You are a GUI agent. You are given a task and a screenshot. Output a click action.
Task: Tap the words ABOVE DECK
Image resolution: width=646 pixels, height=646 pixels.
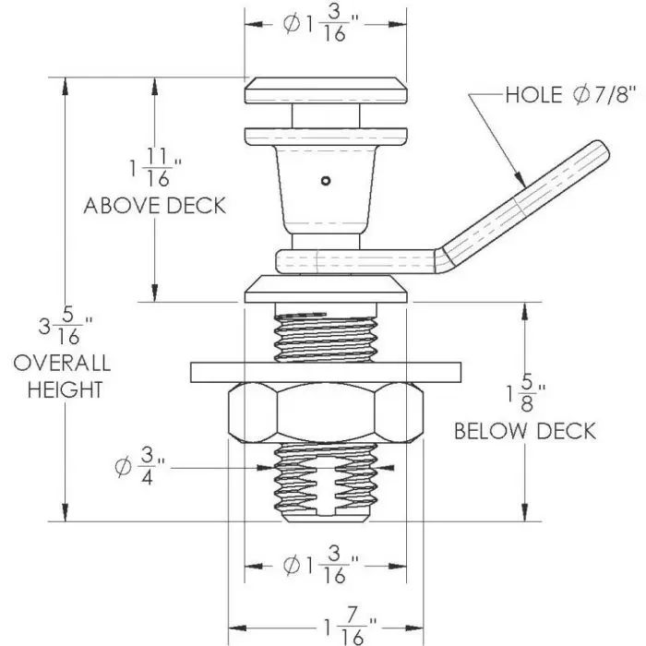pos(154,205)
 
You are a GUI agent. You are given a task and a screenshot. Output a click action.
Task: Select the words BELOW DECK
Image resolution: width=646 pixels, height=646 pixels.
pos(524,431)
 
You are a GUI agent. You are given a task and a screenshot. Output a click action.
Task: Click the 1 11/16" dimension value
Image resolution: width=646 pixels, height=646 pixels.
pos(154,169)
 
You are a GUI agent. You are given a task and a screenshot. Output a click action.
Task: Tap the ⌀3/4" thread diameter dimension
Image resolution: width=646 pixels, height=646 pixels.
pos(134,469)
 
